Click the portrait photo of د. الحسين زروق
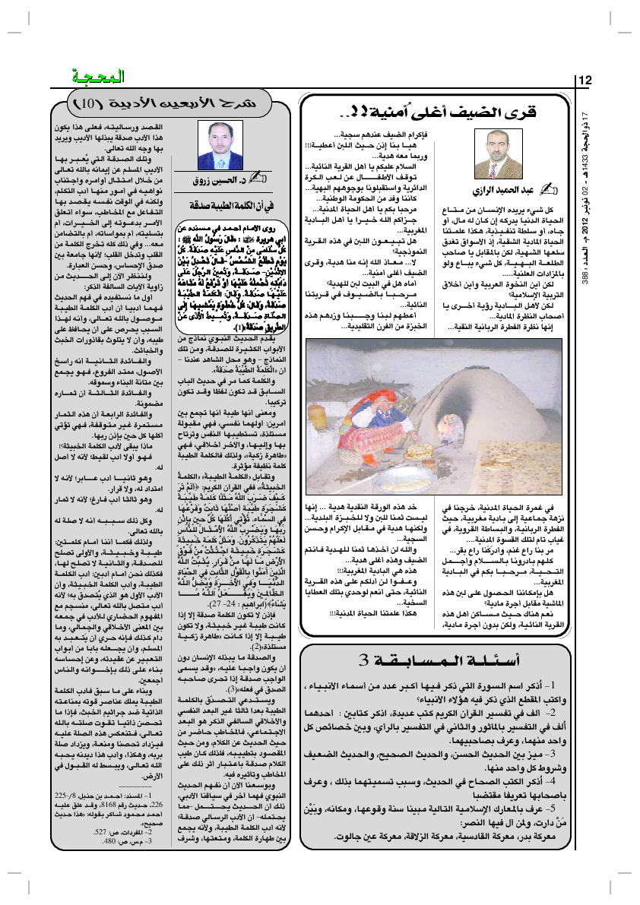(x=223, y=144)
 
